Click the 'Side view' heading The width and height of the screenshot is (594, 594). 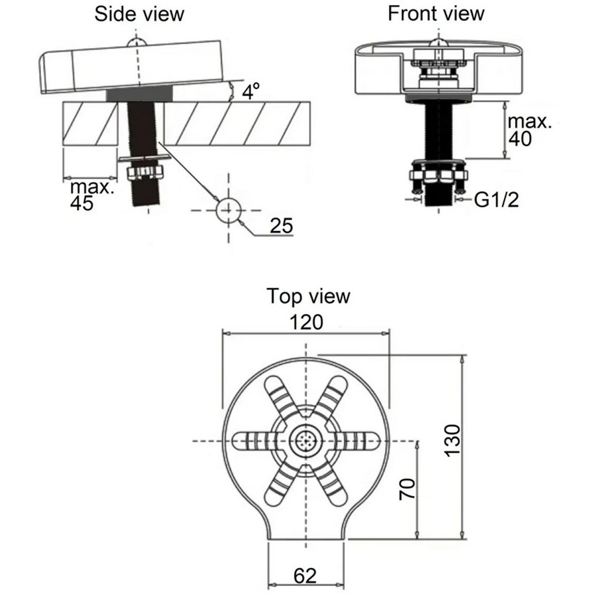pyautogui.click(x=139, y=14)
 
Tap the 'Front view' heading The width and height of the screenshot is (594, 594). pyautogui.click(x=436, y=14)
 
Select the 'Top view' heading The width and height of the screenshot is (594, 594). pyautogui.click(x=308, y=296)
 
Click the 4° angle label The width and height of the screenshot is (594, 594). pyautogui.click(x=251, y=91)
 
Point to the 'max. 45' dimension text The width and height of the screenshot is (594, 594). pyautogui.click(x=92, y=195)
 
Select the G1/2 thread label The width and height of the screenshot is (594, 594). pyautogui.click(x=496, y=199)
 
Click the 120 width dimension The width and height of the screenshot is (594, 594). pyautogui.click(x=306, y=322)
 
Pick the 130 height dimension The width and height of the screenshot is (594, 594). pyautogui.click(x=453, y=440)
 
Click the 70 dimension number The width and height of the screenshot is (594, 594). pyautogui.click(x=407, y=489)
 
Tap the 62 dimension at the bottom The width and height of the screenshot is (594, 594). pyautogui.click(x=305, y=576)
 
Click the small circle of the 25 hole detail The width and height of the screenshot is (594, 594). pyautogui.click(x=229, y=210)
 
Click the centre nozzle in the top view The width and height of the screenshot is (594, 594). pyautogui.click(x=306, y=440)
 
